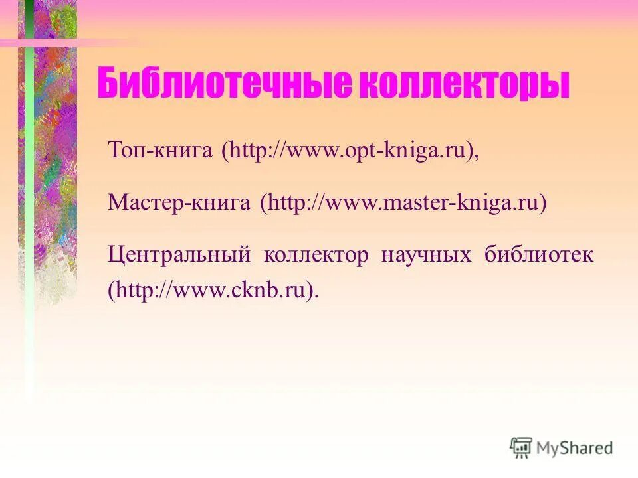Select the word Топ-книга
click(x=160, y=150)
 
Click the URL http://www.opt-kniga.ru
click(x=349, y=150)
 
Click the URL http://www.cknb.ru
click(x=211, y=290)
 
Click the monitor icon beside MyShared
click(x=522, y=448)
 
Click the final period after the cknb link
click(x=316, y=296)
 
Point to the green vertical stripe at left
click(x=29, y=199)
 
